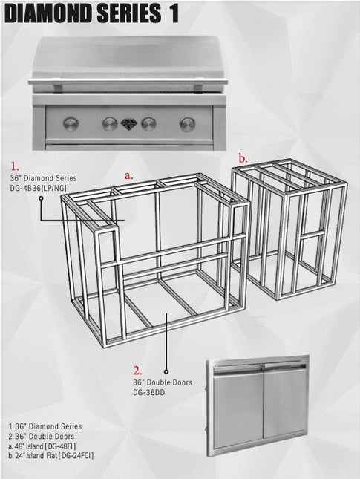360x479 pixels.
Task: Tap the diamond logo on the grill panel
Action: (x=129, y=124)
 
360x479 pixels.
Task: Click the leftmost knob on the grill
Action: (x=71, y=124)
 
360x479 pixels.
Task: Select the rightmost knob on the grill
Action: (x=188, y=124)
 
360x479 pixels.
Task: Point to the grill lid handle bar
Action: (x=128, y=82)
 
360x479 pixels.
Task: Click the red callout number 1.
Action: (x=15, y=167)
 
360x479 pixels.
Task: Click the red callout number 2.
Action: (x=137, y=371)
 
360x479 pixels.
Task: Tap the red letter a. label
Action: (x=128, y=176)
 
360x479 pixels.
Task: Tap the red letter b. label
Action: (x=243, y=158)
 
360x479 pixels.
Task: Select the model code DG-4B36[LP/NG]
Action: (x=38, y=188)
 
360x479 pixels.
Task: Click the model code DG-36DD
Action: (x=148, y=392)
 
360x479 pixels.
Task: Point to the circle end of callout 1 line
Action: (x=41, y=198)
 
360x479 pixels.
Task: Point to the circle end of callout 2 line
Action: (x=166, y=371)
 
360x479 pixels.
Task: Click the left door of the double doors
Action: (x=238, y=408)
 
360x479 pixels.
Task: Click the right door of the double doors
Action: (x=285, y=401)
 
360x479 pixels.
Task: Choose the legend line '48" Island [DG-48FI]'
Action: (x=42, y=446)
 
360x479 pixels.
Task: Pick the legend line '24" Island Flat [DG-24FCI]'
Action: (x=51, y=456)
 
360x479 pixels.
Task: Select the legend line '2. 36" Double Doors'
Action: (x=42, y=436)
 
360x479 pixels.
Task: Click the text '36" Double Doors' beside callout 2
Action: (x=163, y=382)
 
